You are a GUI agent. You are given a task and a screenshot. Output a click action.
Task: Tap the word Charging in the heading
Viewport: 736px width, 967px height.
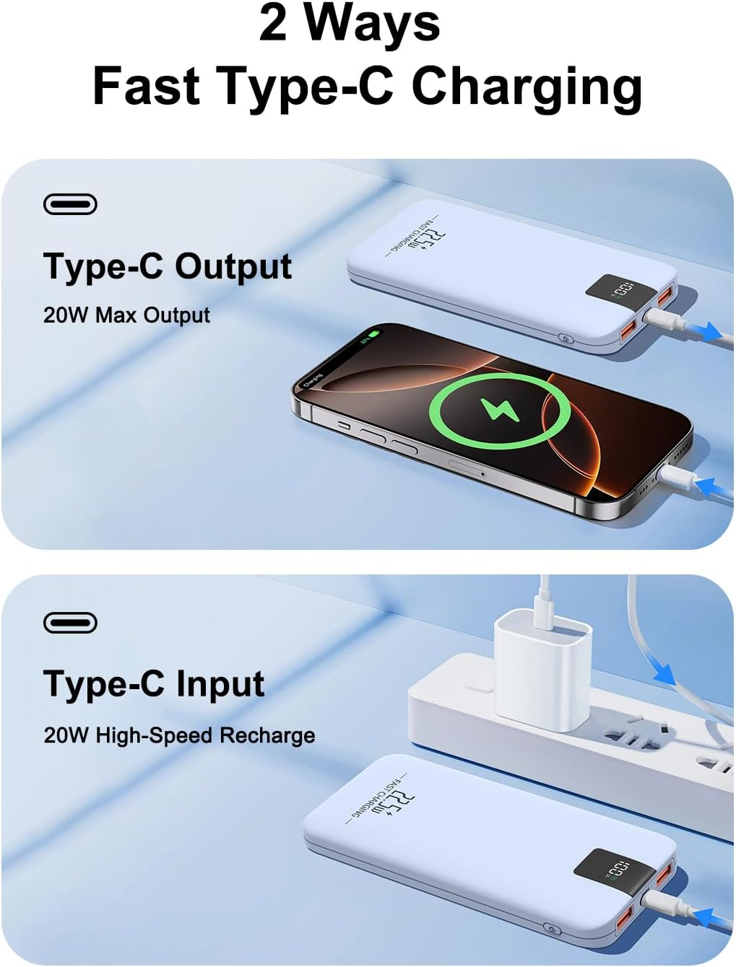pyautogui.click(x=527, y=87)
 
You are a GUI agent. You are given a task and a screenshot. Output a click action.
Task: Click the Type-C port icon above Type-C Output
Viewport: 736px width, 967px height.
pyautogui.click(x=70, y=205)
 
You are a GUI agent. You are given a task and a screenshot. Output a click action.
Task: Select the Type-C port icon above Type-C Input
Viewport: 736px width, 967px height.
pyautogui.click(x=70, y=622)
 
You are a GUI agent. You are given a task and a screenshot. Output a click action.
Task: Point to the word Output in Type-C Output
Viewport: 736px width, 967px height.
pyautogui.click(x=233, y=266)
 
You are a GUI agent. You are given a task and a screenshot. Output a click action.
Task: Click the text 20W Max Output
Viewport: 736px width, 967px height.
pyautogui.click(x=126, y=315)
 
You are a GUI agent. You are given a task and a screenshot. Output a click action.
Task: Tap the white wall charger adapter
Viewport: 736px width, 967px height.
pyautogui.click(x=542, y=670)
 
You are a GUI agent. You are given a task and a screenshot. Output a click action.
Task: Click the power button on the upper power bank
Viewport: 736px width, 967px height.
pyautogui.click(x=566, y=338)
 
